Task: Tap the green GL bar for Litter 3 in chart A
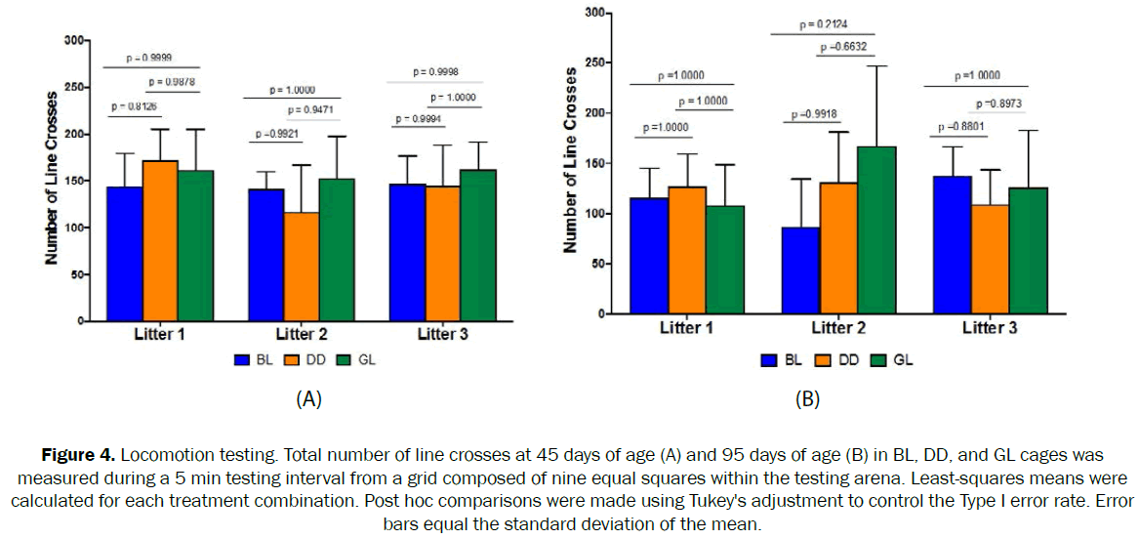click(478, 245)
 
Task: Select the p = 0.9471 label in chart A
click(312, 110)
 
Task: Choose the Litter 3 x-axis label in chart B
click(990, 328)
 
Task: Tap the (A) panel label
click(308, 398)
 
